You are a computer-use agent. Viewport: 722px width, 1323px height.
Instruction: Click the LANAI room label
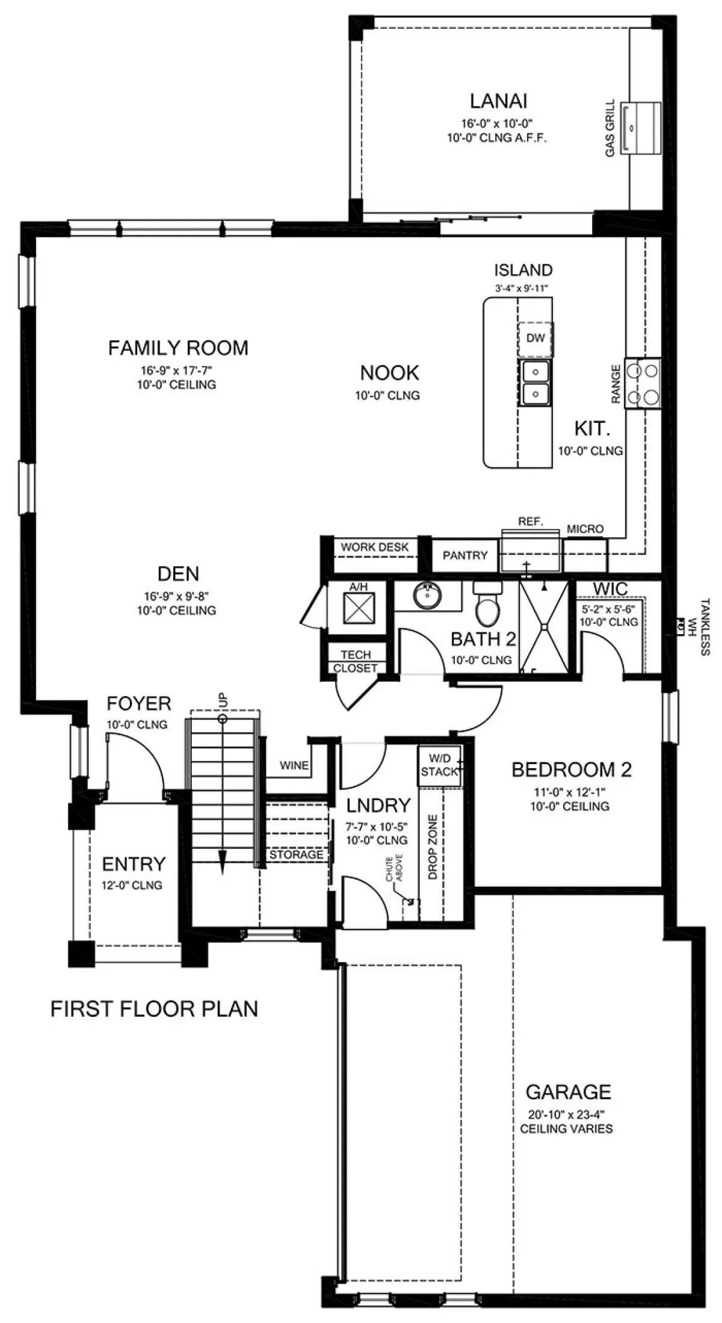(499, 100)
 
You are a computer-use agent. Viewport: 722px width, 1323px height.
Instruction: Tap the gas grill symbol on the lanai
(640, 128)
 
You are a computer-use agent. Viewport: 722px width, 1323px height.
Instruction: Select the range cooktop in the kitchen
(642, 384)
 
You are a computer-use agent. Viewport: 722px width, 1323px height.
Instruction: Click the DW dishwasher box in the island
(535, 338)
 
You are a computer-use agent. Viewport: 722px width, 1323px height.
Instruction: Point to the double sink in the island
(535, 383)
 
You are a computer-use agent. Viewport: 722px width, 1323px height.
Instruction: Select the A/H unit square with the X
(359, 608)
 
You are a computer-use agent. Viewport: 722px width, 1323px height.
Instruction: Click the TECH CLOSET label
(356, 661)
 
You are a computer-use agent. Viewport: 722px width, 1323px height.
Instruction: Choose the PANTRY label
(465, 555)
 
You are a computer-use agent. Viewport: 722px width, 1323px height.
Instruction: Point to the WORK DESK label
(375, 547)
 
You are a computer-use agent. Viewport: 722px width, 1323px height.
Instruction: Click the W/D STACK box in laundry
(440, 765)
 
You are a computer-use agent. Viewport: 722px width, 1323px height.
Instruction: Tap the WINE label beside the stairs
(294, 765)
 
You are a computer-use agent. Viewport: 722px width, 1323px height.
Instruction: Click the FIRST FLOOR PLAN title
(154, 1009)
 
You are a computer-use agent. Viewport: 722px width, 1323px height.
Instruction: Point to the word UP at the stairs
(223, 700)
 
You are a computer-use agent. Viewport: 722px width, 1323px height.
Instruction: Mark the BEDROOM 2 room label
(572, 769)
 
